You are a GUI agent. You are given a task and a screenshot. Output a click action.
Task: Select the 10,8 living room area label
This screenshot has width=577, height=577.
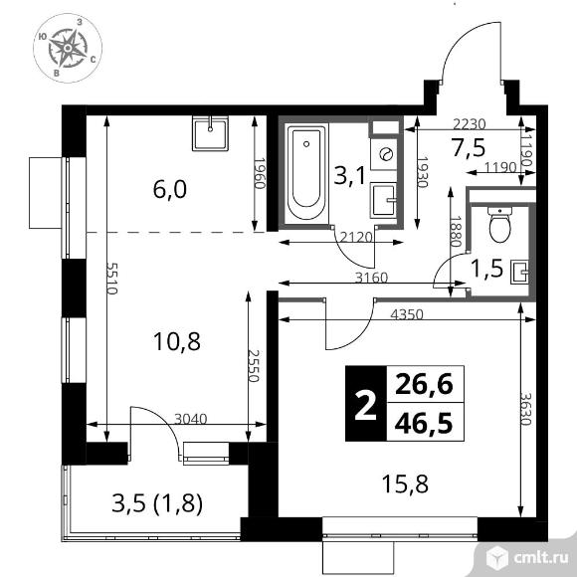(x=181, y=342)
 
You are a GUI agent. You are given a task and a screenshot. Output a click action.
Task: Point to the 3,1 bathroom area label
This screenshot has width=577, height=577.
(x=348, y=178)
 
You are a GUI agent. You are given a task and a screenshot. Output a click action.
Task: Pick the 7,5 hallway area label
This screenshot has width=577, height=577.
(x=470, y=148)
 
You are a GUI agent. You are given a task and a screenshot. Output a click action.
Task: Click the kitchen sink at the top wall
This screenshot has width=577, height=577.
(x=211, y=132)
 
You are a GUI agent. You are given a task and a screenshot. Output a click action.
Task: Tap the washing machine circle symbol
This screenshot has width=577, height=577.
(x=384, y=155)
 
